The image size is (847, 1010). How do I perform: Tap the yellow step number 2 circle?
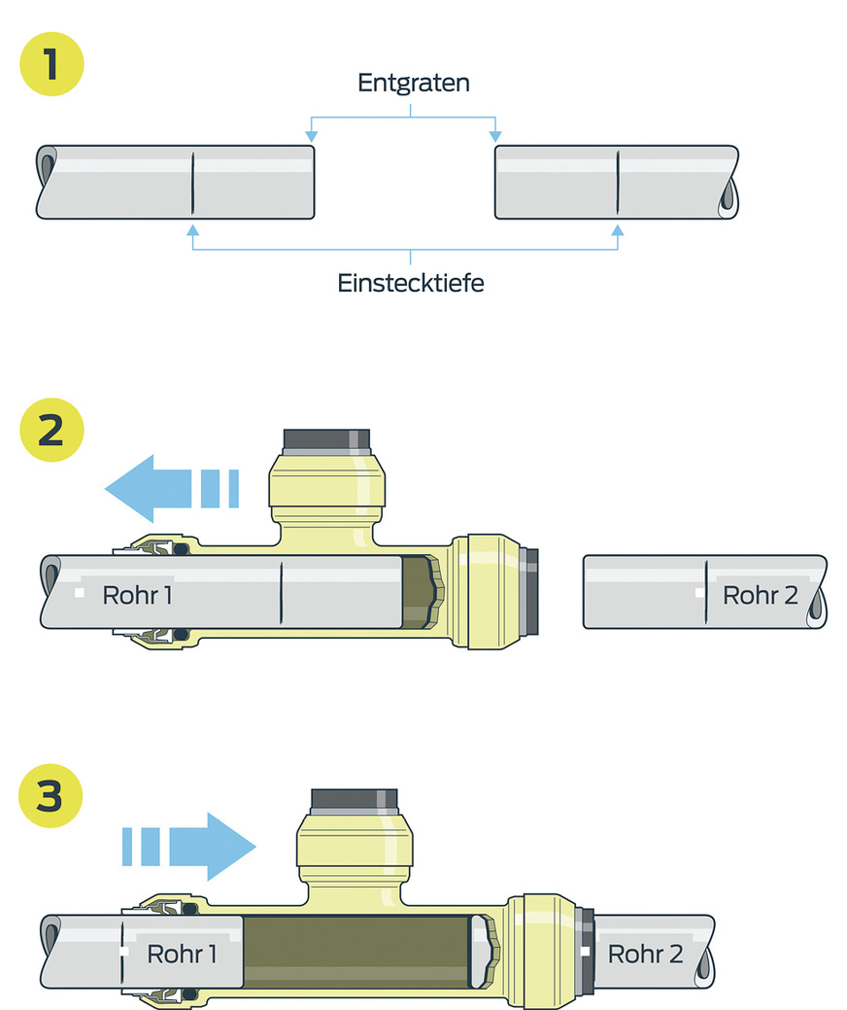point(51,430)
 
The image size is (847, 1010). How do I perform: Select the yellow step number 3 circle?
point(51,798)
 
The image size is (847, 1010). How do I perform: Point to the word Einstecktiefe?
point(411,284)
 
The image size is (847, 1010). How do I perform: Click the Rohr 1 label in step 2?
point(137,595)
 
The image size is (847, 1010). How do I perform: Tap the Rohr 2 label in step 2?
point(761,595)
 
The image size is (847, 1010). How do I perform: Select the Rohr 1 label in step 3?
point(182,955)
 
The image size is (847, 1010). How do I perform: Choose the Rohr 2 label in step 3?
point(645,955)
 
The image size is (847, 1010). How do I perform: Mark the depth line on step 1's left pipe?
point(192,183)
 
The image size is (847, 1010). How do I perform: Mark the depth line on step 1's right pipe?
point(618,183)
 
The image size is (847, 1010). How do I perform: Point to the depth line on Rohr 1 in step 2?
point(280,593)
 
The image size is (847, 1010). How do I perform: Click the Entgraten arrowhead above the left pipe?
point(311,136)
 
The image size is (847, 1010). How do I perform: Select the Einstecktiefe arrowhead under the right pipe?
point(618,228)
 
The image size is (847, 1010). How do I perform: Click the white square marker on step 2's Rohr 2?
point(700,590)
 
